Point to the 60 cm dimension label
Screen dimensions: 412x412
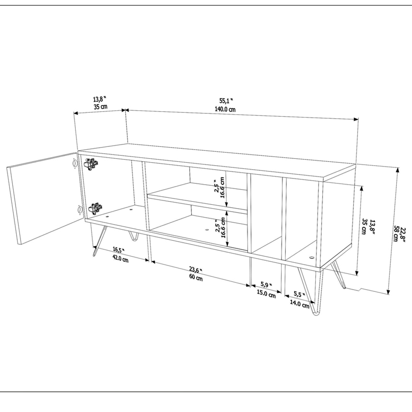196,278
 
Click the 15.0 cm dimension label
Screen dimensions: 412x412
266,294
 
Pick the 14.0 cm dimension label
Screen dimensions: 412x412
300,305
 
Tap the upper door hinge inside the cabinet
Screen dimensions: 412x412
91,164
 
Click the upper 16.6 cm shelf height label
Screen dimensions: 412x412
222,188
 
